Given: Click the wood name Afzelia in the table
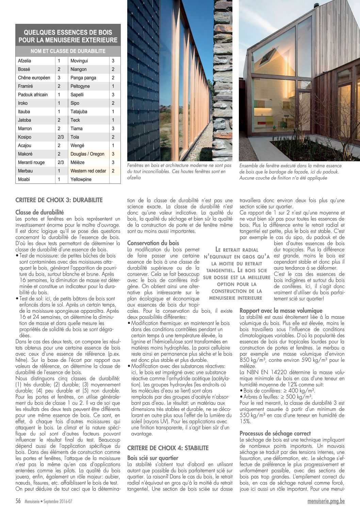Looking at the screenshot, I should [24, 61].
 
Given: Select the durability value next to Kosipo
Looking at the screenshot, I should [61, 137].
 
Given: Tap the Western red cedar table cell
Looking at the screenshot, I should [88, 171].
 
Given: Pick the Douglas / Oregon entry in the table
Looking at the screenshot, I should [87, 154].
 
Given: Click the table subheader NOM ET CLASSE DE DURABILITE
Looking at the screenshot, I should [68, 51].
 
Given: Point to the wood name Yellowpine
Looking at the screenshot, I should [81, 179].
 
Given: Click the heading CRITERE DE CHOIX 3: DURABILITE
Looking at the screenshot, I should [59, 200].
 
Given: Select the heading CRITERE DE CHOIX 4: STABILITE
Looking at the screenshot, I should [168, 448].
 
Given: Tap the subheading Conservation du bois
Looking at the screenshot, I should [153, 243].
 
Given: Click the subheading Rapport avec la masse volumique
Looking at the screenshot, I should [281, 310].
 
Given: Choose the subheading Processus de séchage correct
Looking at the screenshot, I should [275, 433].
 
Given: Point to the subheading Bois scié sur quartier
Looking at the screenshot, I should [152, 458].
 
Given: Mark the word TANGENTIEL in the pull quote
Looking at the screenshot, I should [220, 270].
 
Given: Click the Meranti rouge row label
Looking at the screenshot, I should [31, 162].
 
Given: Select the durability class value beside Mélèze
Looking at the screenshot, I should [113, 162].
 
